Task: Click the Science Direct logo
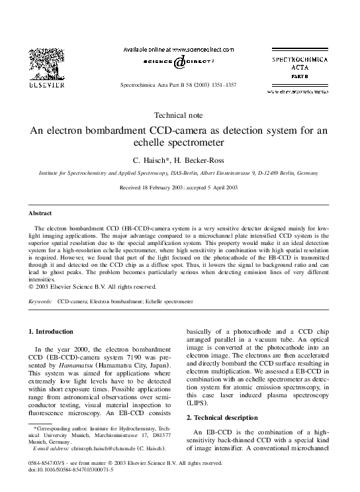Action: tap(179, 62)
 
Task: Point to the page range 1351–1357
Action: tap(222, 85)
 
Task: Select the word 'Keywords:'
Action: tap(41, 301)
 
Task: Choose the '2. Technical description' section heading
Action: tap(226, 417)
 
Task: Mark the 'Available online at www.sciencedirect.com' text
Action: tap(179, 49)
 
